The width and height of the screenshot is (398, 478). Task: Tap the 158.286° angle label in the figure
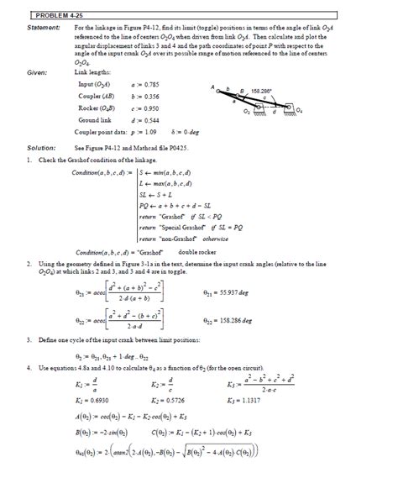[x=261, y=89]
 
